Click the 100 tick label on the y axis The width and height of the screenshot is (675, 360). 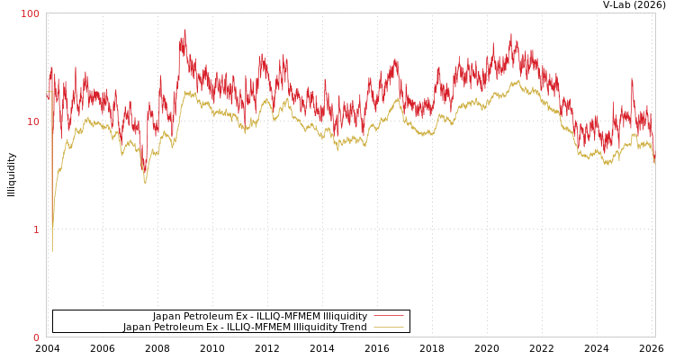[x=31, y=13]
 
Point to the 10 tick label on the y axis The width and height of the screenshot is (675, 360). [x=33, y=121]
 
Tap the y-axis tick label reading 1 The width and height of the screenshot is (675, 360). [x=37, y=229]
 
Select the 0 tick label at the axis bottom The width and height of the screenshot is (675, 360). [x=37, y=337]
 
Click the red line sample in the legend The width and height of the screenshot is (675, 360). [x=388, y=317]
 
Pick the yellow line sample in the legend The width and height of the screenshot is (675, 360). [x=388, y=328]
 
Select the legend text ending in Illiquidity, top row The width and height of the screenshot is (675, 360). [x=260, y=317]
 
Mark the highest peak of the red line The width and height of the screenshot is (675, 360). [x=185, y=30]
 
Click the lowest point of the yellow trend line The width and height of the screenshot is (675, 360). [x=52, y=251]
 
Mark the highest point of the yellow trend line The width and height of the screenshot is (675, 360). [x=517, y=80]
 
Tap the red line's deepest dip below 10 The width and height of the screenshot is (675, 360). [x=144, y=171]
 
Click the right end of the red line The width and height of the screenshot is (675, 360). [x=654, y=160]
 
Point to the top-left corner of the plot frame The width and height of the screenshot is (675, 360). [x=46, y=13]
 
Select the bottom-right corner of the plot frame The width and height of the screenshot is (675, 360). [x=655, y=337]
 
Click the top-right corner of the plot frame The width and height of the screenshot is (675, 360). [x=655, y=13]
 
